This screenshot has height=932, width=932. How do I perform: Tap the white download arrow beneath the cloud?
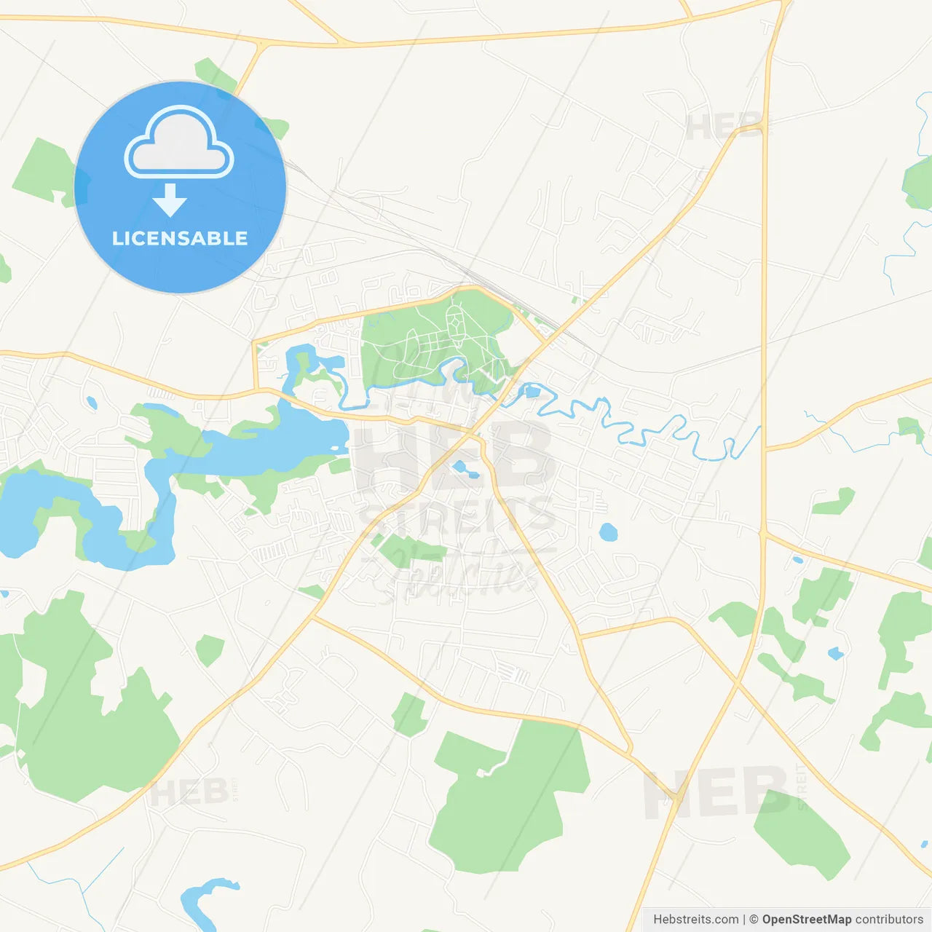pos(170,200)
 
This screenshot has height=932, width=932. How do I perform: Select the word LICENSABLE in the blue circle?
pos(180,238)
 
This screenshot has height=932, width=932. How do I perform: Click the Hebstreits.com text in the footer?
pos(695,920)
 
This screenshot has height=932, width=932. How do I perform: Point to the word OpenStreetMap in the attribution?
pos(806,920)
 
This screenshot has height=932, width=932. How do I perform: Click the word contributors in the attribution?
pos(889,920)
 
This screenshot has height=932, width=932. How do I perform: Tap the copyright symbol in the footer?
pos(754,920)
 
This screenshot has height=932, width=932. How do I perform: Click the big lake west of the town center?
pos(277,441)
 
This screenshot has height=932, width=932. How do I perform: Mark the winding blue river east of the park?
pos(655,430)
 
